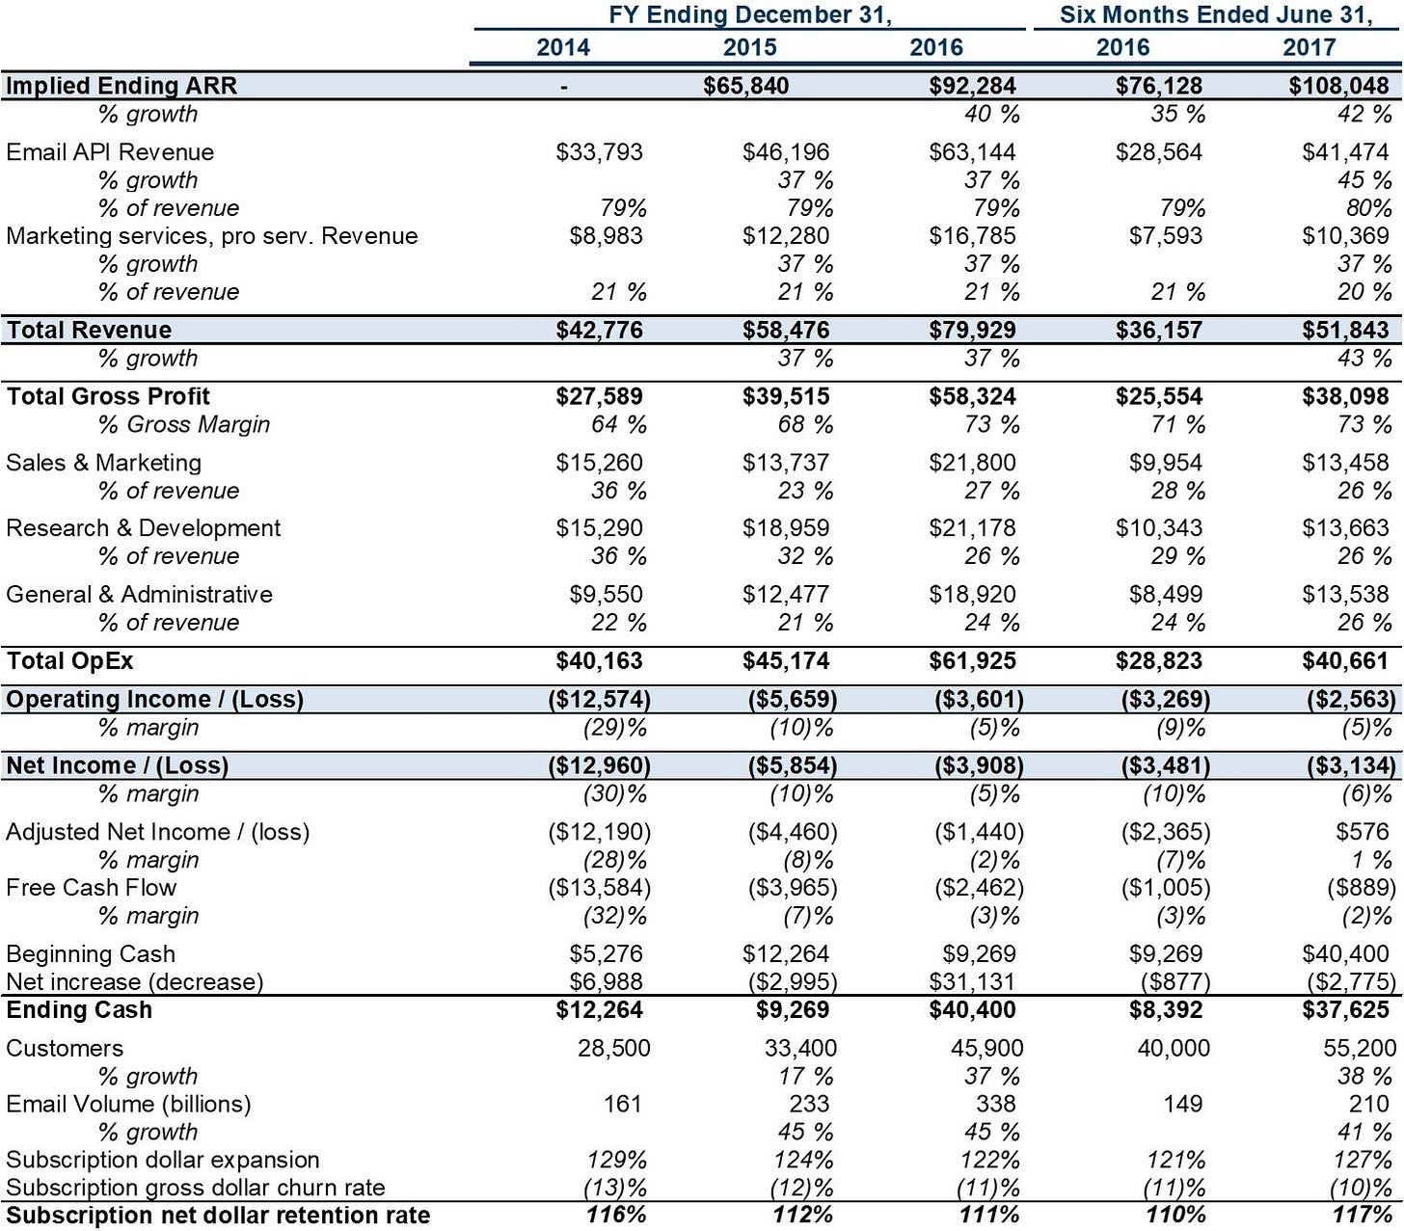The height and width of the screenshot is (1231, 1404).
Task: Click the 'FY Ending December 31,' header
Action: pos(750,14)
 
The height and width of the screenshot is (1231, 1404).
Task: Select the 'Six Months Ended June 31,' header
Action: pos(1216,14)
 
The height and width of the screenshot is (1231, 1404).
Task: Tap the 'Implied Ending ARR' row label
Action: pos(121,86)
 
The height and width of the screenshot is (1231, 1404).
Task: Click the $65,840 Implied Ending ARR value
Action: pos(745,86)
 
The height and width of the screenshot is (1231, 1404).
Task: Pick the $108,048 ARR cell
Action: pos(1338,86)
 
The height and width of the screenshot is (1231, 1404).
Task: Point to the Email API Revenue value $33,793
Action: pos(600,152)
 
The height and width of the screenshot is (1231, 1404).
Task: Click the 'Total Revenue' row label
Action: pos(89,330)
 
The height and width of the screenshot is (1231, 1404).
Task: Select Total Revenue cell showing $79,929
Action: pos(972,330)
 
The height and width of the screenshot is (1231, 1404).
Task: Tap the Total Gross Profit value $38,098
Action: pos(1345,396)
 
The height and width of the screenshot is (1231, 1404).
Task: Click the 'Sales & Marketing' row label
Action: pos(103,463)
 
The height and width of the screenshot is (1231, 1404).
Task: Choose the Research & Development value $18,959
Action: pos(786,528)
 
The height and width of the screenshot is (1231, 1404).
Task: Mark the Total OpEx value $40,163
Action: pos(600,661)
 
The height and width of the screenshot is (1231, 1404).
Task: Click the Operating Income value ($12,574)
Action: pos(600,700)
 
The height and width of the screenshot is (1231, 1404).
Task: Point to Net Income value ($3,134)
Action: pos(1351,765)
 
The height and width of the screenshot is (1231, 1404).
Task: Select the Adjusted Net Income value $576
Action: pos(1363,832)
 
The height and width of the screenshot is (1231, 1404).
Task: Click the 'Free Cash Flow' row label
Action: pos(91,888)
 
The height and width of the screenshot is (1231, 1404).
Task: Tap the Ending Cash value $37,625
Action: pos(1345,1010)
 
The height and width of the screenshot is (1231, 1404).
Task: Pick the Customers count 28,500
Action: pos(614,1048)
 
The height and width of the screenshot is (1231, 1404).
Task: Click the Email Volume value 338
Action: pos(996,1104)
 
